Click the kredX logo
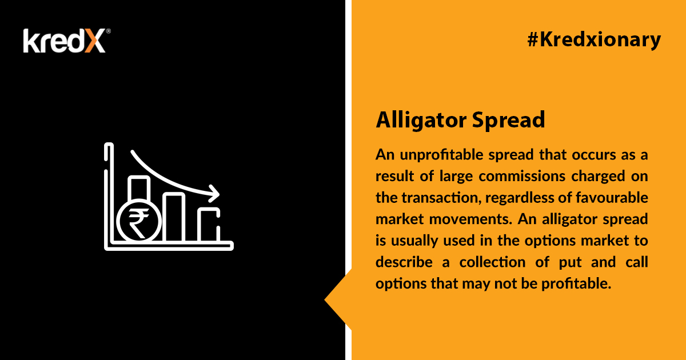67,41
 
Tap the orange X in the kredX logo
95,41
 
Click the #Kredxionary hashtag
594,41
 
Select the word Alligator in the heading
421,121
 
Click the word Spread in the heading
508,121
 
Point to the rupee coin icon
139,221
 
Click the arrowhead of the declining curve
214,194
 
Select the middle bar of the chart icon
174,217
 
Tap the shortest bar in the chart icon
209,225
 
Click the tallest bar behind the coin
139,188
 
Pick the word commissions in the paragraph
522,177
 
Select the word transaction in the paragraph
440,198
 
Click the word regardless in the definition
519,198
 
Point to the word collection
492,262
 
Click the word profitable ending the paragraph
576,284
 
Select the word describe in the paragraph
404,262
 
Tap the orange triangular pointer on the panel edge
338,299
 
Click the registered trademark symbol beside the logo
108,31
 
